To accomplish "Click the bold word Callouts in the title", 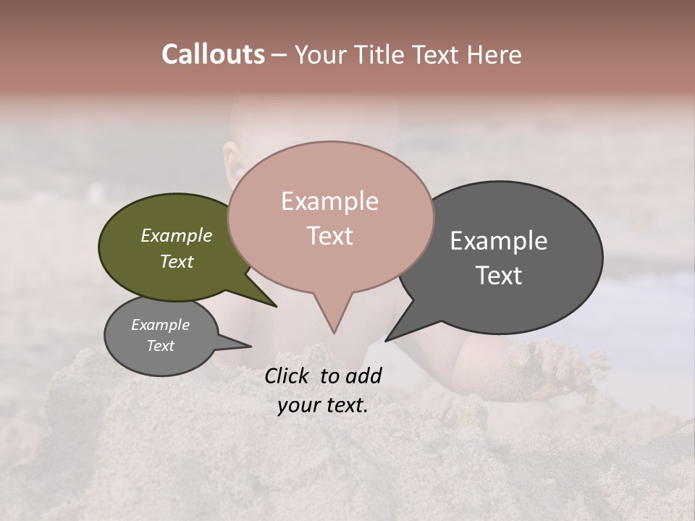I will point(213,54).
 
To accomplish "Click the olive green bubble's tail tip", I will point(275,306).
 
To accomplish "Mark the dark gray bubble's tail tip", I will point(387,340).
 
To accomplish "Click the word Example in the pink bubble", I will point(329,201).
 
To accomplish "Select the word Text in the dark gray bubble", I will point(499,275).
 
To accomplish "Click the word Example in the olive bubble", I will point(177,236).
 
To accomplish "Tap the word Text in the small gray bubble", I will point(161,346).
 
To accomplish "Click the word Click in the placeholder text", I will point(289,376).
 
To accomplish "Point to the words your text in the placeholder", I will point(323,406).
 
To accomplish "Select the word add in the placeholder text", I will point(363,376).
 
